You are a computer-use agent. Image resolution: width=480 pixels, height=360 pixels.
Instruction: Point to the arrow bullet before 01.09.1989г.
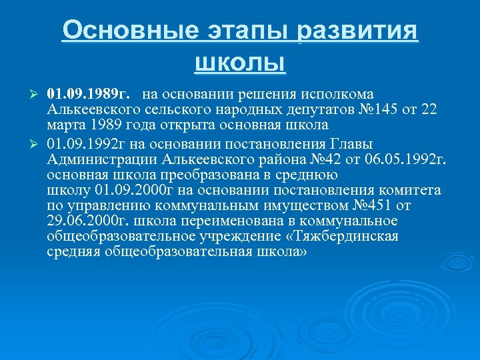coord(37,94)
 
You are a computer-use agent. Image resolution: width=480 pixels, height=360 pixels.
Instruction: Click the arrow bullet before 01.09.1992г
coord(37,145)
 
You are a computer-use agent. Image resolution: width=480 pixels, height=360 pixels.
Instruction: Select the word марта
coord(65,125)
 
